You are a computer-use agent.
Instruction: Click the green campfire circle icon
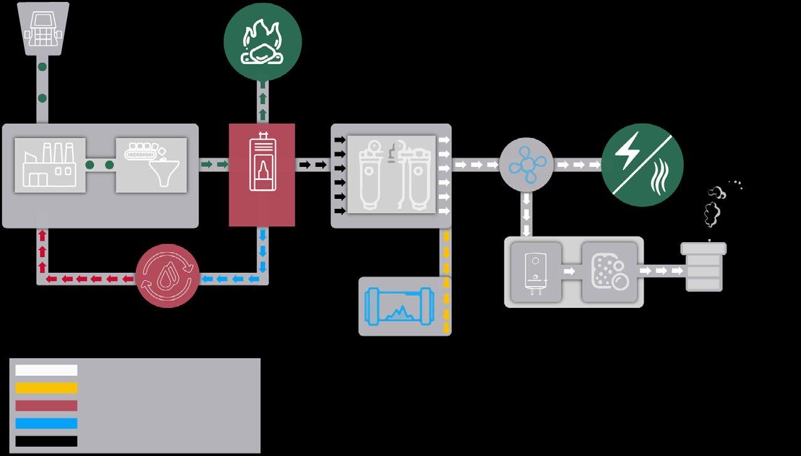263,41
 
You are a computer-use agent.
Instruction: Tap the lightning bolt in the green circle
627,151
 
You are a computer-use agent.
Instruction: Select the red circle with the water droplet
167,276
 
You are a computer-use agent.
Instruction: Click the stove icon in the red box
261,163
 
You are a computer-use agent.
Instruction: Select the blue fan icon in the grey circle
526,165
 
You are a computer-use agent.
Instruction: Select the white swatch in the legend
46,370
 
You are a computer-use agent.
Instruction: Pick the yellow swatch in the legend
46,388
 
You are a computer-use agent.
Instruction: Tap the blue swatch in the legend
46,423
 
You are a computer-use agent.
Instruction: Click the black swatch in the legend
46,441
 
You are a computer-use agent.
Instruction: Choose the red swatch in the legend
46,406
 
